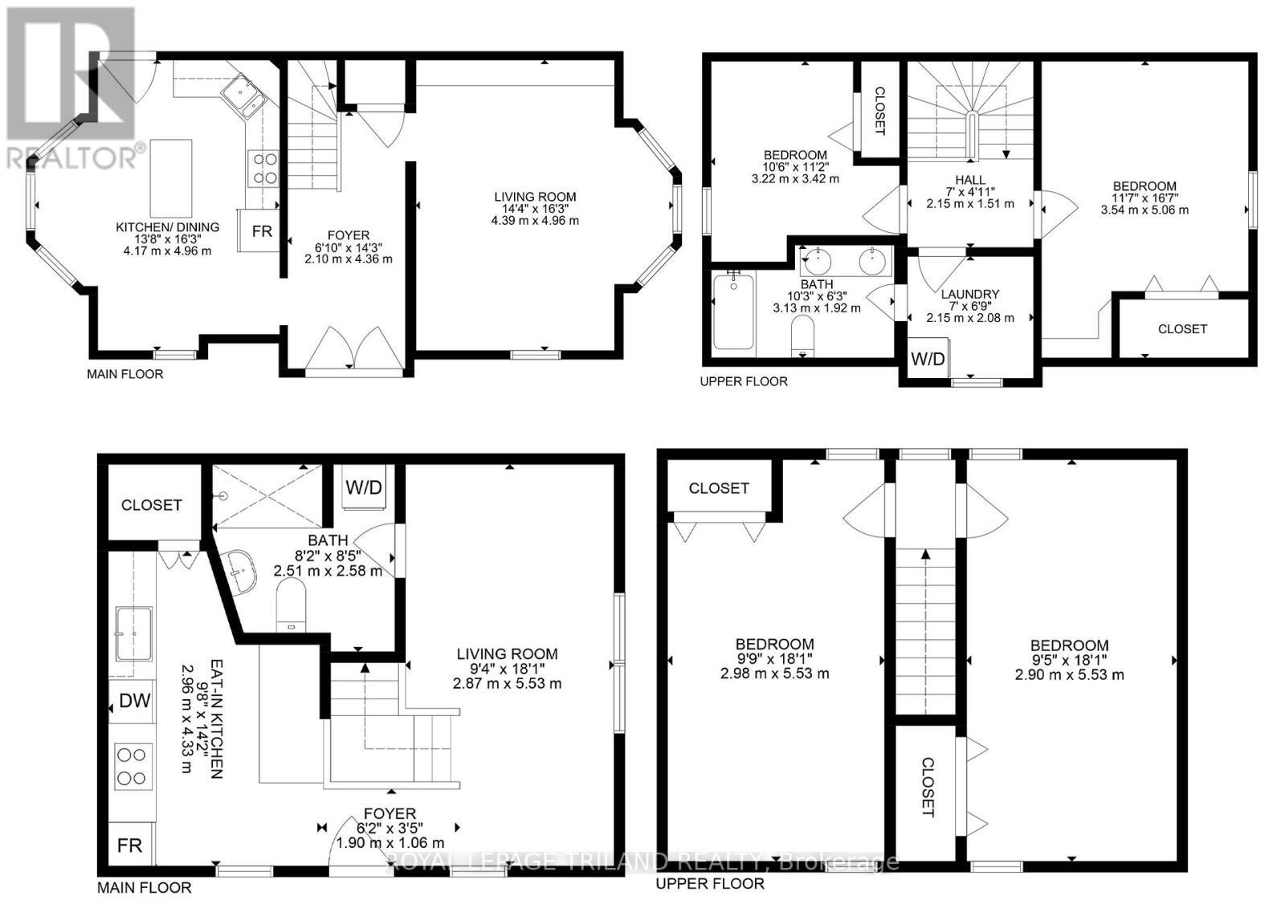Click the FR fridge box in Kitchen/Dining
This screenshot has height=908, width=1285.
click(x=260, y=230)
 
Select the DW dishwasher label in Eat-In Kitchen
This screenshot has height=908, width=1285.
click(x=134, y=701)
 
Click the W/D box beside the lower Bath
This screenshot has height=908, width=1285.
click(x=363, y=487)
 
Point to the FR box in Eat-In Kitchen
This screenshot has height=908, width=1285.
click(x=130, y=845)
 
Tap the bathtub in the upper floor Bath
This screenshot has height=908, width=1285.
click(x=733, y=311)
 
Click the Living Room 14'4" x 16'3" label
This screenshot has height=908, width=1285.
click(x=535, y=208)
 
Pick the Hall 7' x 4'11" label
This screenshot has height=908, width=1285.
click(x=970, y=192)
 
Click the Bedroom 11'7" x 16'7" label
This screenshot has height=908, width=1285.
click(x=1144, y=197)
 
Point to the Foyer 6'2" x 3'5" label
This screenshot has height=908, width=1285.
click(x=390, y=828)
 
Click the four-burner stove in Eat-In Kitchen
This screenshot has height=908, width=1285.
click(x=133, y=766)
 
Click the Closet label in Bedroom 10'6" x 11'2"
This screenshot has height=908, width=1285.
click(x=879, y=111)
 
